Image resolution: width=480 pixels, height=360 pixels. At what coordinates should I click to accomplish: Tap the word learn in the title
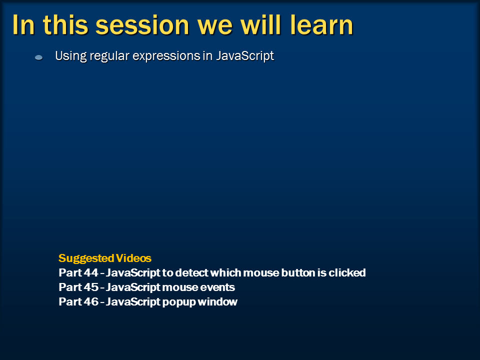pos(322,25)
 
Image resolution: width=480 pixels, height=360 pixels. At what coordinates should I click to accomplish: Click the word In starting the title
pos(23,25)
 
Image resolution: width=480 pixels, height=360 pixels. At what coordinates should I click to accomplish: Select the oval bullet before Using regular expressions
pos(38,58)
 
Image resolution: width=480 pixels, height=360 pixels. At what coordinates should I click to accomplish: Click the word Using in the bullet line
pos(70,56)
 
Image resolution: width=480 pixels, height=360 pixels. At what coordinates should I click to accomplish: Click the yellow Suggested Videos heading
pos(104,258)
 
